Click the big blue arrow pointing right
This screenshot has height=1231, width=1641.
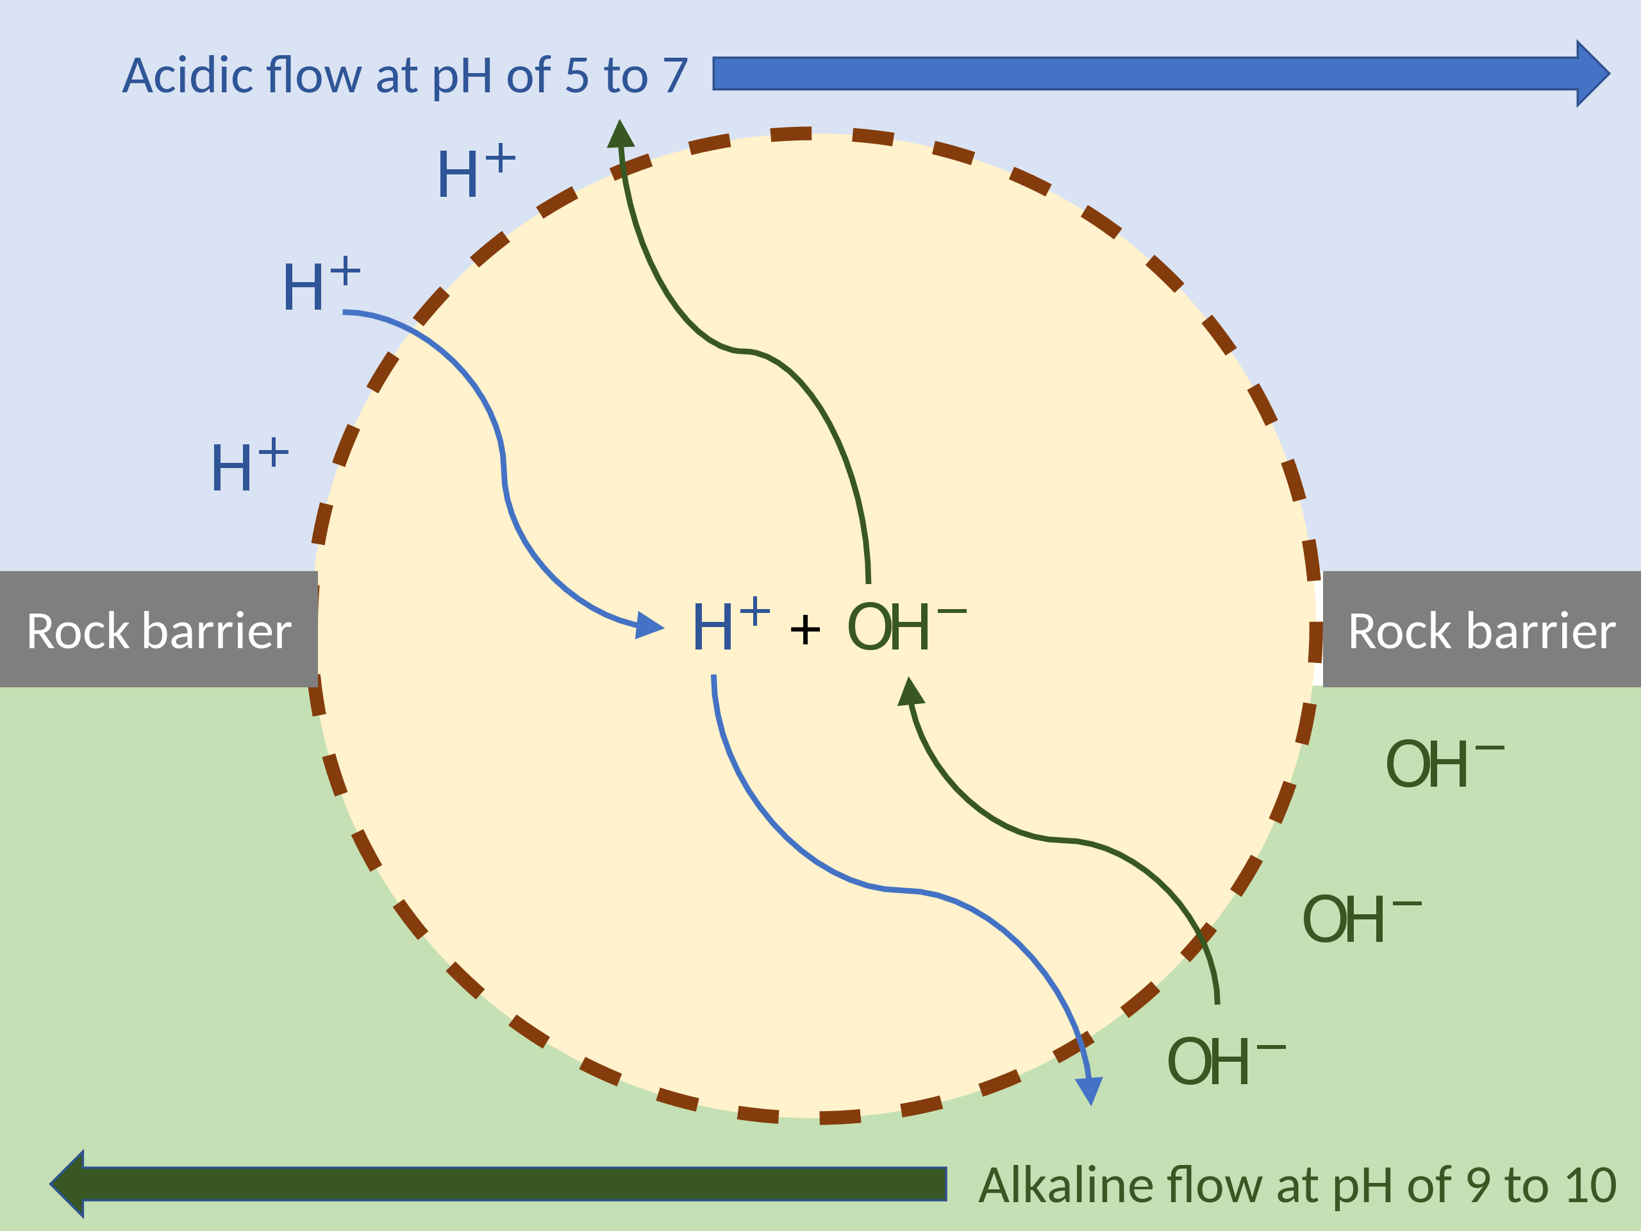[x=1157, y=74]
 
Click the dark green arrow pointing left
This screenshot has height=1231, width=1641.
[x=504, y=1184]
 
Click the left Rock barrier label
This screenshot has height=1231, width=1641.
[x=159, y=632]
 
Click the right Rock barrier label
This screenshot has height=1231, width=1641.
[x=1481, y=632]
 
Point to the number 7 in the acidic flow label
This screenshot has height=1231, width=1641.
[x=675, y=76]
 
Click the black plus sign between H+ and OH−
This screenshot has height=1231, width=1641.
[x=805, y=631]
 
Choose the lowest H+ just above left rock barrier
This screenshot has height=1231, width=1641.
[x=249, y=466]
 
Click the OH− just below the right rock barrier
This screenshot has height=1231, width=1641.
[x=1442, y=764]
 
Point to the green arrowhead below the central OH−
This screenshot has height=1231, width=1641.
[x=910, y=692]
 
